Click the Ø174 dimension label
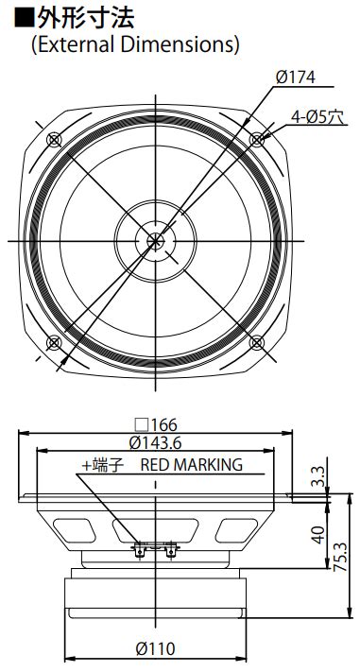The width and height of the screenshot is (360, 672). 295,78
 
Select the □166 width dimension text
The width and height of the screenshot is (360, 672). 156,424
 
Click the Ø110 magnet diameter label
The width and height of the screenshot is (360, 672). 156,648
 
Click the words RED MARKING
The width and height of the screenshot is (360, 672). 192,464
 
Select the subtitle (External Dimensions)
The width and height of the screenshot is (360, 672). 134,43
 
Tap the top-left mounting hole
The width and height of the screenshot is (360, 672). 53,140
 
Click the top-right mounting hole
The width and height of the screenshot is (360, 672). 257,140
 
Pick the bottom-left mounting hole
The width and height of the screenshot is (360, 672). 53,342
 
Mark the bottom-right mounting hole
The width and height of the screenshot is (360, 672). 257,342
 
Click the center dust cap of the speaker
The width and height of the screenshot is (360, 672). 155,240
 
